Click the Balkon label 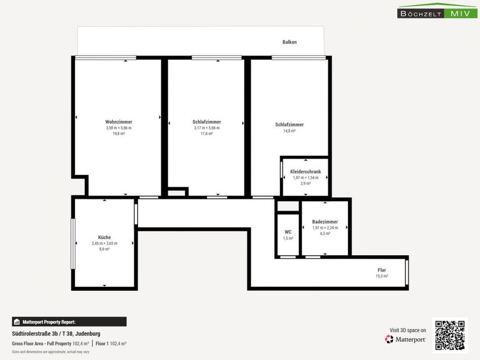290,42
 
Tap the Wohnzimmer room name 119,122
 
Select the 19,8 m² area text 119,133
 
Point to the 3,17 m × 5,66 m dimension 207,128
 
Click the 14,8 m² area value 290,131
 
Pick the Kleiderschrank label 306,171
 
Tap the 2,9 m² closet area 306,183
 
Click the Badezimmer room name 325,221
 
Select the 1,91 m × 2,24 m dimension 325,228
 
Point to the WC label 288,232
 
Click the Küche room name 105,237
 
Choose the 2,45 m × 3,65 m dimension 105,243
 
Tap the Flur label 382,270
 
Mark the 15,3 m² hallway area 382,276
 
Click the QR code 450,335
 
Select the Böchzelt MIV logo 437,11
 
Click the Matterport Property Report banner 69,322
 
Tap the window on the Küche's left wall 73,244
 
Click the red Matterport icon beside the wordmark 389,339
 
